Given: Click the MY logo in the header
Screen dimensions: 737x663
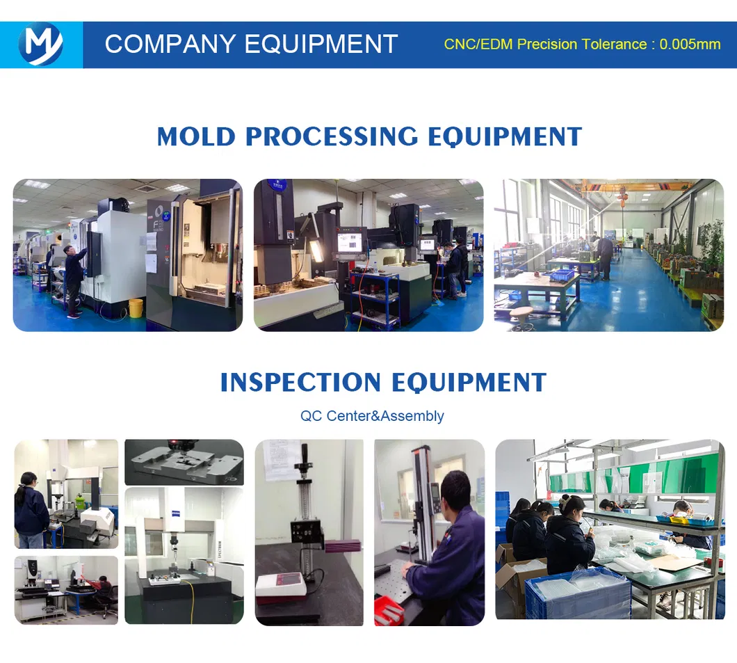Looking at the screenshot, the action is [x=41, y=45].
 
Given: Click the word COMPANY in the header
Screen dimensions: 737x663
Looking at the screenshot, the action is [x=170, y=45].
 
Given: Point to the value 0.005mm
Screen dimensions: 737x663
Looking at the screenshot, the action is [x=690, y=45].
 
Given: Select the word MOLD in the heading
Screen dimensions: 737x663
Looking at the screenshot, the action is [x=196, y=137].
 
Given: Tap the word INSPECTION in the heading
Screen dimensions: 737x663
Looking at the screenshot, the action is [x=300, y=382].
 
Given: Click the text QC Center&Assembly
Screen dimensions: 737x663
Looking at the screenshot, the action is [x=372, y=415].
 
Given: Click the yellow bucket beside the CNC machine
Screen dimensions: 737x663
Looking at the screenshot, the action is [x=136, y=308].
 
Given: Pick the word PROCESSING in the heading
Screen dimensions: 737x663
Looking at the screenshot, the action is [x=332, y=137].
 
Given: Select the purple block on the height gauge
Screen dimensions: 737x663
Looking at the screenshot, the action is [x=342, y=545].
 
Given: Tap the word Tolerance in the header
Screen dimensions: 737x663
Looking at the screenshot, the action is [x=614, y=45].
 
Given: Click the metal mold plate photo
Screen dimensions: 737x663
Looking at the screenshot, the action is [x=184, y=462].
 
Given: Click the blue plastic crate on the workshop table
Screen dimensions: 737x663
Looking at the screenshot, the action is [x=562, y=275].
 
